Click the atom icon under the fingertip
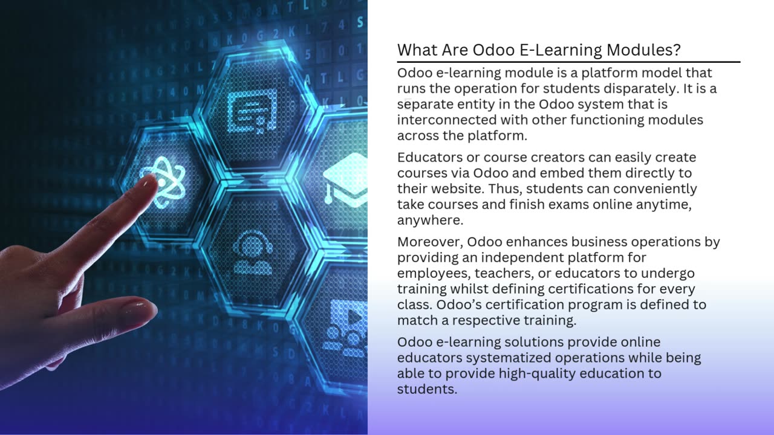(x=163, y=182)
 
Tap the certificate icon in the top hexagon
(x=252, y=111)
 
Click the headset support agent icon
(x=253, y=252)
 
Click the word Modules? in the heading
(x=643, y=50)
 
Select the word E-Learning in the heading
(x=561, y=50)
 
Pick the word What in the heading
(x=417, y=50)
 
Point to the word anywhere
(x=430, y=221)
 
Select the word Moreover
(x=430, y=242)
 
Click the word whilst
(x=471, y=289)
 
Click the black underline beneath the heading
(x=569, y=62)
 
